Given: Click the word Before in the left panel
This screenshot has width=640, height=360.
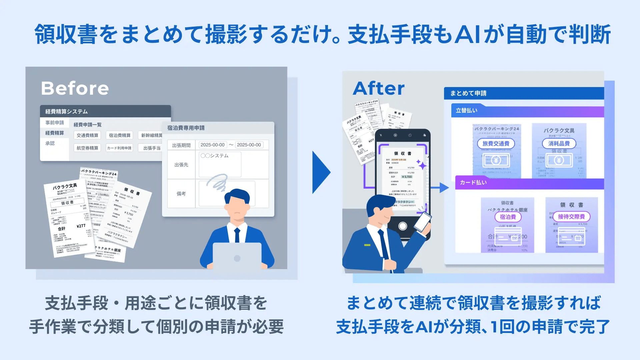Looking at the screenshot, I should [75, 88].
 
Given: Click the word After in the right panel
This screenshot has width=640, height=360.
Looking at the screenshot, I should [379, 88].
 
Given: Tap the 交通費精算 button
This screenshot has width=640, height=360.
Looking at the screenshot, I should [87, 135].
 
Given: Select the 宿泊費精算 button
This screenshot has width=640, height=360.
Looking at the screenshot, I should [120, 135].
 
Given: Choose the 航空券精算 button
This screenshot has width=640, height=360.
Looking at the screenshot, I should [87, 148].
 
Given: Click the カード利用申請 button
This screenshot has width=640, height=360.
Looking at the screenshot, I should [119, 148].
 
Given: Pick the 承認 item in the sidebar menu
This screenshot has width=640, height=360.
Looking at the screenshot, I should [50, 143].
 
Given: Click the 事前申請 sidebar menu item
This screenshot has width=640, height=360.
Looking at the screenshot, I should [55, 123].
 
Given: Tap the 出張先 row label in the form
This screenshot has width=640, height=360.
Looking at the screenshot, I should [181, 165].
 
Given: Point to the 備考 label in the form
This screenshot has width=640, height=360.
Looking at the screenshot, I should [181, 194].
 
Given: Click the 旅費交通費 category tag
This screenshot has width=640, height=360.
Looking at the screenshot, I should [496, 144].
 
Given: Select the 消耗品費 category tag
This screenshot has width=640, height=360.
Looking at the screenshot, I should [559, 144].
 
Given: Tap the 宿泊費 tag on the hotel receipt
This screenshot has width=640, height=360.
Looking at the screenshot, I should [508, 217].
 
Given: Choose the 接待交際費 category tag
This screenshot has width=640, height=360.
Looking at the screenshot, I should [571, 217].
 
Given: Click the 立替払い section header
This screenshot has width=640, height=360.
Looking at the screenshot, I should [467, 111].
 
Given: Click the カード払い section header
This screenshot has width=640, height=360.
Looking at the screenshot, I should [473, 183].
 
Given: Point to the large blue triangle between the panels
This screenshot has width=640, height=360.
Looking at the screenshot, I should [320, 172].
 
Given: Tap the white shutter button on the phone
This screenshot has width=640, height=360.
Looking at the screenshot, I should [403, 226].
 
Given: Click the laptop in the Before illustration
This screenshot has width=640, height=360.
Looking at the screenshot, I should [237, 256].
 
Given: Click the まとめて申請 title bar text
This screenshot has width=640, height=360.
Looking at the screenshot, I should [468, 93].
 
